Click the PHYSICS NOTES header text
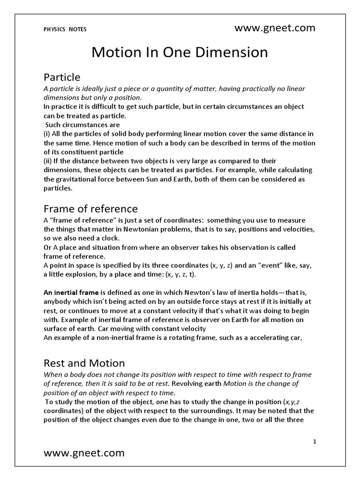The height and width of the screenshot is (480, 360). pyautogui.click(x=65, y=29)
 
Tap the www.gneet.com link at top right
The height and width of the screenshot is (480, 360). pyautogui.click(x=275, y=28)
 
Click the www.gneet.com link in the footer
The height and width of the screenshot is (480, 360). pyautogui.click(x=84, y=453)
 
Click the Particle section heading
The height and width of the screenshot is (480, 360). pyautogui.click(x=62, y=77)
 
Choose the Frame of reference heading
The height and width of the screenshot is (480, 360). pyautogui.click(x=90, y=209)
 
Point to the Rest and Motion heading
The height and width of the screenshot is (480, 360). pyautogui.click(x=84, y=363)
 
